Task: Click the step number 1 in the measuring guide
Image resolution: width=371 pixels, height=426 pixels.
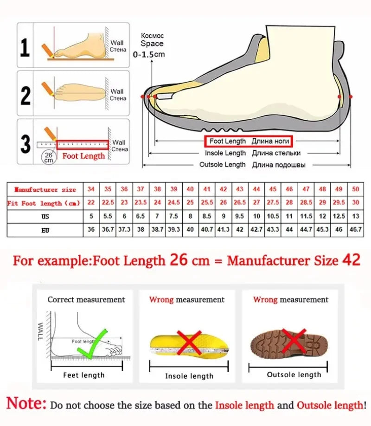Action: [26, 48]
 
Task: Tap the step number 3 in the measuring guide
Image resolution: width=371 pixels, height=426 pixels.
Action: [26, 144]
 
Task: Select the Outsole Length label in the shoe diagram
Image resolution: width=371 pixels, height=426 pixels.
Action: [223, 165]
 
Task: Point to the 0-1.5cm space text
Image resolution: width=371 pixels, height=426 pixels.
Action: [149, 54]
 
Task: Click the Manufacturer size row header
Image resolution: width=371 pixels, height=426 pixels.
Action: [45, 189]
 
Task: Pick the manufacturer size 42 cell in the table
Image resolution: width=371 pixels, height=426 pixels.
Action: [223, 189]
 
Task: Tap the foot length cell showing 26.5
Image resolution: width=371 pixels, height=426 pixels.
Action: [239, 203]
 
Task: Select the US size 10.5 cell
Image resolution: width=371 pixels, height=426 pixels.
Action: [273, 216]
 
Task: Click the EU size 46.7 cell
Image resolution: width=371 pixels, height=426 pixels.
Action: [355, 230]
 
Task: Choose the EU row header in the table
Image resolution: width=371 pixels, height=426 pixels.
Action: [45, 230]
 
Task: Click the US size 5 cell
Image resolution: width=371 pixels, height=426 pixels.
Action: [91, 216]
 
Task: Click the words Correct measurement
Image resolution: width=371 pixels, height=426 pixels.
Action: [86, 300]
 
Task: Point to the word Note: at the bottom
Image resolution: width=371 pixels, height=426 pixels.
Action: [26, 403]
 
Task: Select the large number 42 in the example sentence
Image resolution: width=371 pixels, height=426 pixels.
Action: [351, 260]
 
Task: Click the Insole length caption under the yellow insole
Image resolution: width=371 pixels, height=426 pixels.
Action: [189, 376]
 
